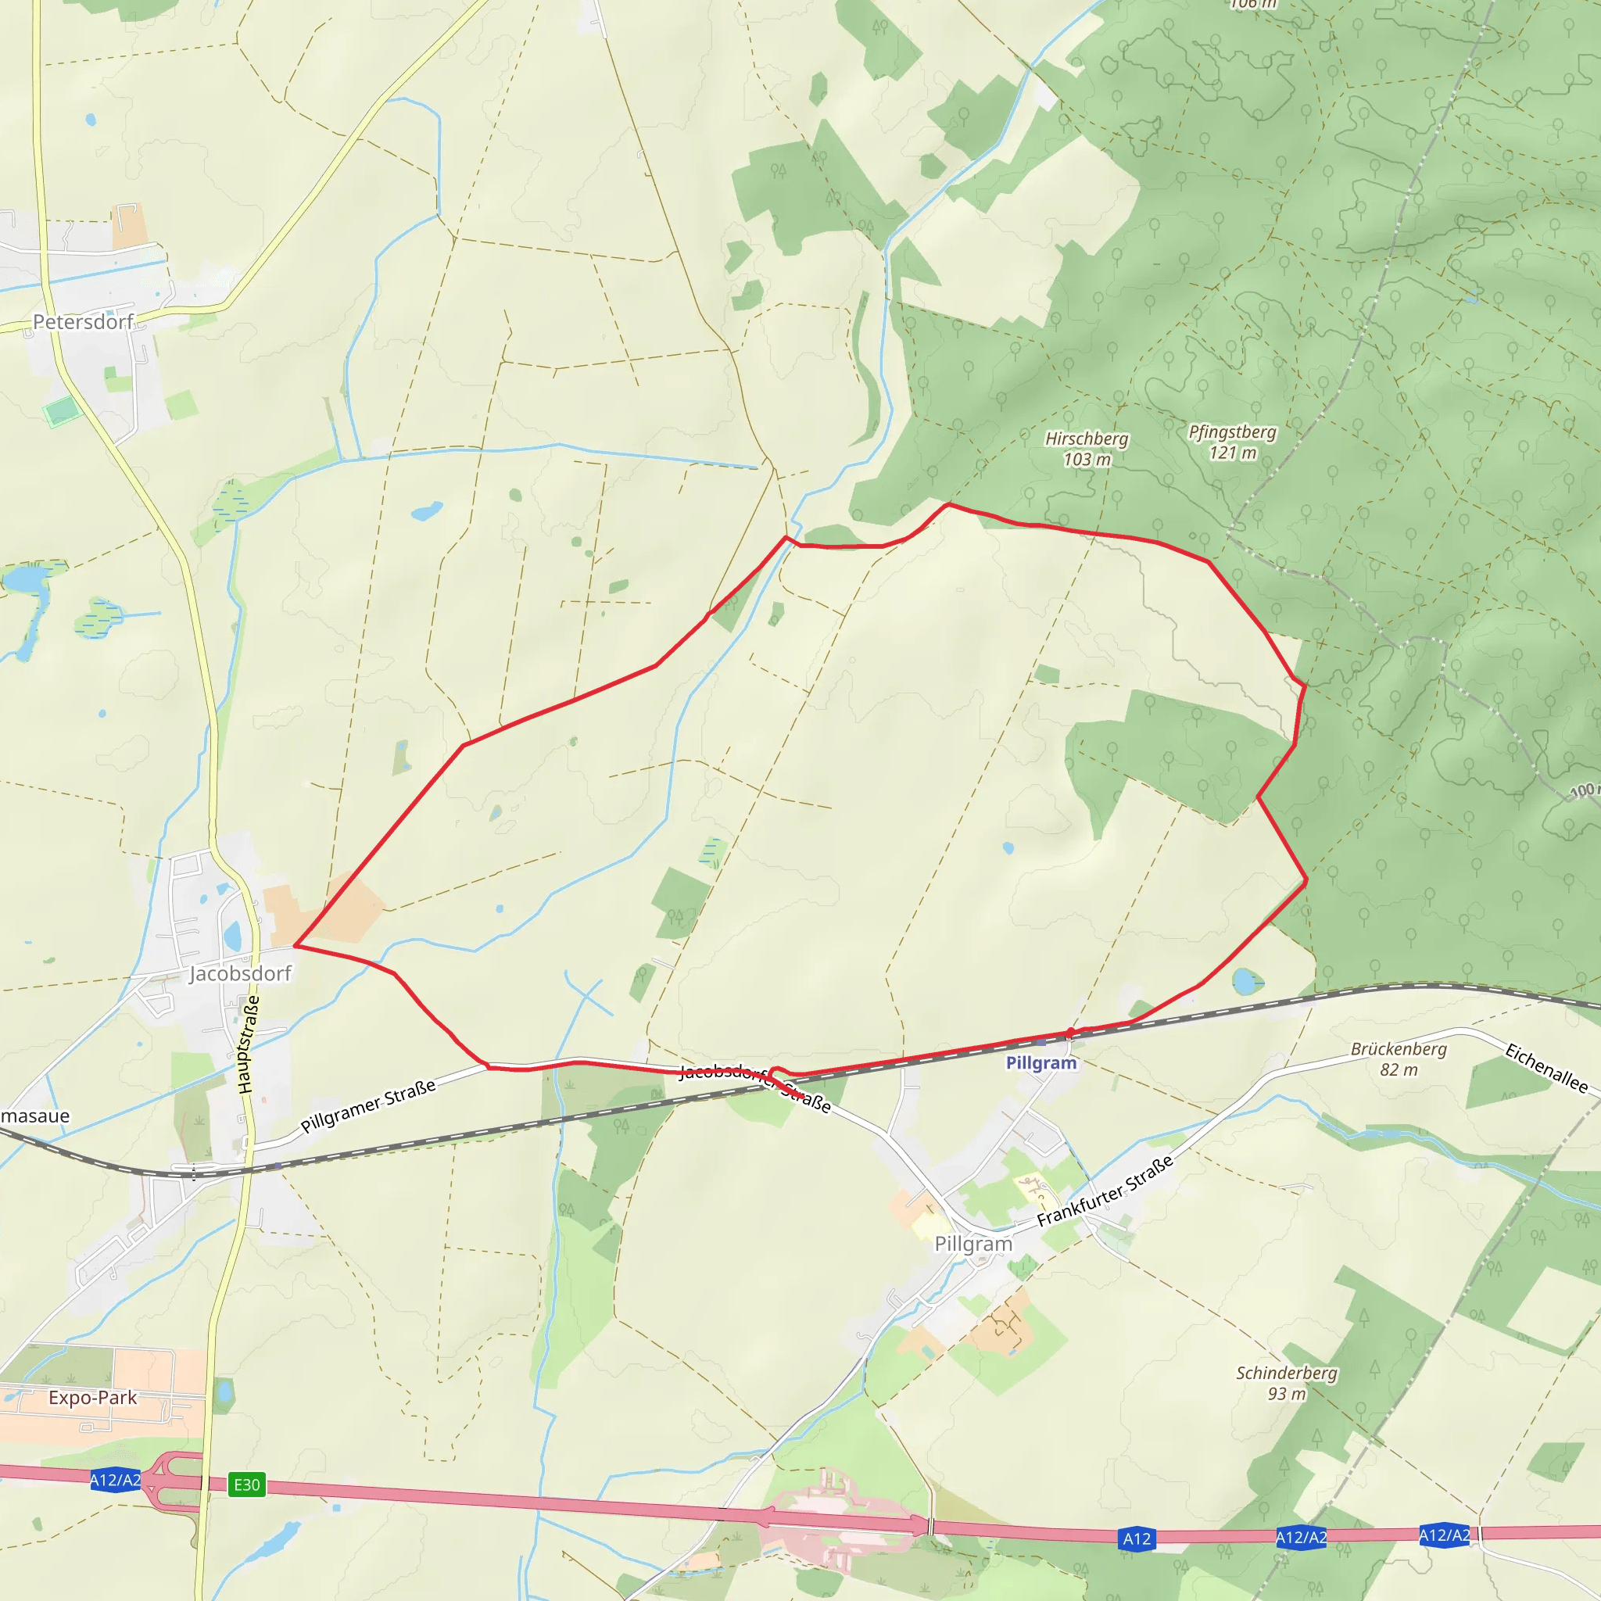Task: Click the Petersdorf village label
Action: point(83,321)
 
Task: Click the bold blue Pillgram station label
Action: point(1040,1063)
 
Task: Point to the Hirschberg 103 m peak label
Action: point(1087,448)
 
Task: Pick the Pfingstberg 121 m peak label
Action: point(1232,442)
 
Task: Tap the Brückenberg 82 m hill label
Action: point(1399,1059)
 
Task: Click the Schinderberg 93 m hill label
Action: point(1287,1383)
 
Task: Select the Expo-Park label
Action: point(93,1398)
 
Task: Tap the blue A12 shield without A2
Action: point(1136,1538)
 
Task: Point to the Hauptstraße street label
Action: point(248,1045)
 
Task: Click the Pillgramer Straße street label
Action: point(368,1106)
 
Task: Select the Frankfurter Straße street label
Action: point(1105,1191)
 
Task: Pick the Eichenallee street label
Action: point(1546,1069)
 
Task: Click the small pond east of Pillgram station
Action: point(1244,982)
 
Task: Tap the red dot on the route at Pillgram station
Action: point(1071,1033)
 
